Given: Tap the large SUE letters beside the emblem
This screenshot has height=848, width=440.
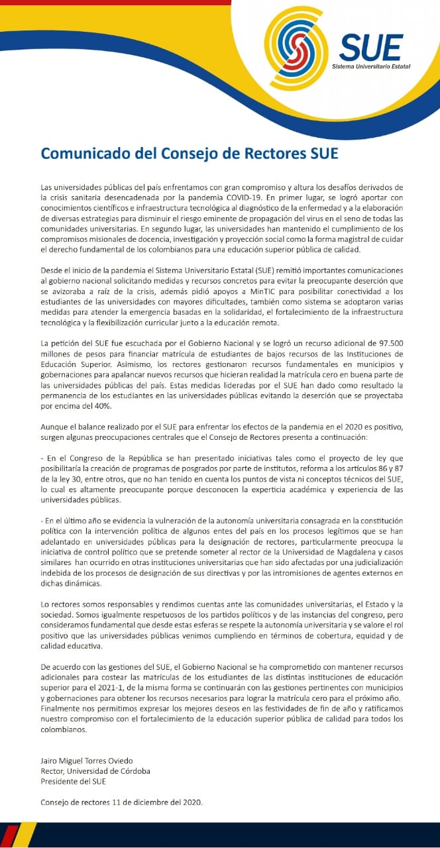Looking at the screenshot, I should pos(371,47).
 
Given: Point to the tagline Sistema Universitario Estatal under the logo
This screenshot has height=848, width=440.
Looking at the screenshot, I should pos(371,67).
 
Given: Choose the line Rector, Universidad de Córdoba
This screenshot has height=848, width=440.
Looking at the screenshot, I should pos(95,771).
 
